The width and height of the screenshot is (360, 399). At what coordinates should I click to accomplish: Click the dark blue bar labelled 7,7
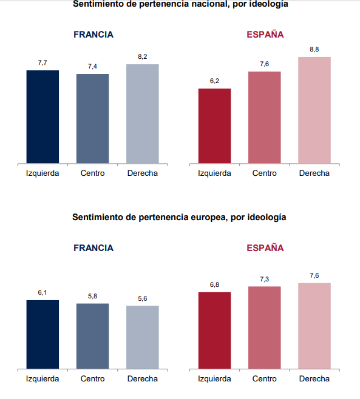click(x=42, y=117)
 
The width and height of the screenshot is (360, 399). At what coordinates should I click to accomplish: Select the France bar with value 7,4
click(x=92, y=119)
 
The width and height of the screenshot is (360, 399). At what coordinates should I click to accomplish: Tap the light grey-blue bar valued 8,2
click(x=143, y=114)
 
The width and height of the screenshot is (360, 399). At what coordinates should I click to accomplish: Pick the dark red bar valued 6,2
click(x=214, y=126)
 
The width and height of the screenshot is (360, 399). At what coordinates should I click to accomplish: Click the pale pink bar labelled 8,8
click(x=314, y=110)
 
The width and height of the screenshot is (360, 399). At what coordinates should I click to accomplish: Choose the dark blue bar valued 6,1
click(x=42, y=334)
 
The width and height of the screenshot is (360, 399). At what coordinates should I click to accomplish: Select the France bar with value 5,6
click(x=143, y=337)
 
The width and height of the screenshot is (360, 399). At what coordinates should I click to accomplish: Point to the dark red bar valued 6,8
click(x=214, y=330)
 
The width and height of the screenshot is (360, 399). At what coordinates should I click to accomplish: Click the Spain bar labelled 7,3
click(x=265, y=327)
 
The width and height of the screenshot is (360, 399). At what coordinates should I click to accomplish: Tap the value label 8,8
click(x=314, y=49)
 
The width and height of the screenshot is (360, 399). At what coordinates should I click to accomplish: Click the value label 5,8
click(x=92, y=296)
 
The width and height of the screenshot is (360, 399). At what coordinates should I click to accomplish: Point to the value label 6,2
click(x=214, y=81)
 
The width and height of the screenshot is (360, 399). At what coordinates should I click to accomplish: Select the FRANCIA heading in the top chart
click(x=93, y=35)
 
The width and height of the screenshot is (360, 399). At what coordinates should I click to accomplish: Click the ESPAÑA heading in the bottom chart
click(x=265, y=248)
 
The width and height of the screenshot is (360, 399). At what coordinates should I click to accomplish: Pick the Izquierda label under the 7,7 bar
click(x=42, y=173)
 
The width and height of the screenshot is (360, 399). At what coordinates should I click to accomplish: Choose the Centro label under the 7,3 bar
click(x=265, y=379)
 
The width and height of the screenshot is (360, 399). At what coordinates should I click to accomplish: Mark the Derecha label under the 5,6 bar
click(x=143, y=379)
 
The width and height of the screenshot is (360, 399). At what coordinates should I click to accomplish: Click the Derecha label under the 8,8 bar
click(x=314, y=173)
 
